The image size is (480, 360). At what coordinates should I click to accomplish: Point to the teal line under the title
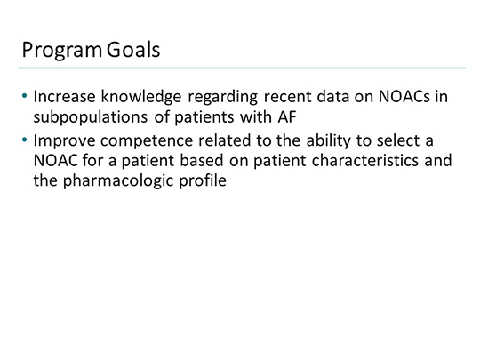[x=240, y=68]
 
